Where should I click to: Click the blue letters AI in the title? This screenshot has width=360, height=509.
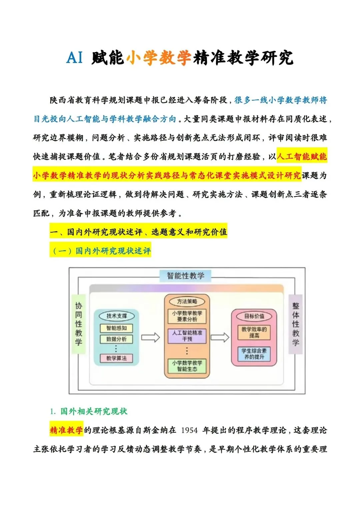coord(74,57)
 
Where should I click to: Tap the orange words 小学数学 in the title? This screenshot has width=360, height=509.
coord(158,58)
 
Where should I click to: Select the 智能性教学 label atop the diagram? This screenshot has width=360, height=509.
coord(185,276)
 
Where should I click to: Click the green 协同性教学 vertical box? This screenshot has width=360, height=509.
coord(79,324)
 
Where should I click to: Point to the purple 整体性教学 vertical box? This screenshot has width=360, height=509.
coord(295,324)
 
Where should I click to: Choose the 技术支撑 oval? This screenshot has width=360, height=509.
coord(117,316)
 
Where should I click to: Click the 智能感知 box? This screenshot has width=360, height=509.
coord(116,328)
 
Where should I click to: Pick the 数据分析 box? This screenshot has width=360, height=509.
coord(116,339)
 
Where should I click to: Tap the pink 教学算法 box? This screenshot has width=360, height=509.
coord(116,358)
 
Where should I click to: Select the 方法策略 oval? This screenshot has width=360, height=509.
coord(187,302)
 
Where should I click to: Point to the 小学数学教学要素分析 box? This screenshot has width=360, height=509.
coord(187,316)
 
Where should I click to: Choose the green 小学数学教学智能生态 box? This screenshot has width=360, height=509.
coord(187,366)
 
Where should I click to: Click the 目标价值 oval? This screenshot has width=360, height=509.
coord(254,316)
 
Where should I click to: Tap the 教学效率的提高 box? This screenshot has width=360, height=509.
coord(254,332)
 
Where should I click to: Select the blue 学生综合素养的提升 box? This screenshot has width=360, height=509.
coord(254,354)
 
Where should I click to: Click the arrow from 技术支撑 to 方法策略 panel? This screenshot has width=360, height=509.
coord(150,337)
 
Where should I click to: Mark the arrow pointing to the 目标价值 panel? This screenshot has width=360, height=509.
coord(220,337)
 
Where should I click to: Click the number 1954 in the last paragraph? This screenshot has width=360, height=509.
coord(189,430)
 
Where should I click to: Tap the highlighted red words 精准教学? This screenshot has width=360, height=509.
coord(66,430)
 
